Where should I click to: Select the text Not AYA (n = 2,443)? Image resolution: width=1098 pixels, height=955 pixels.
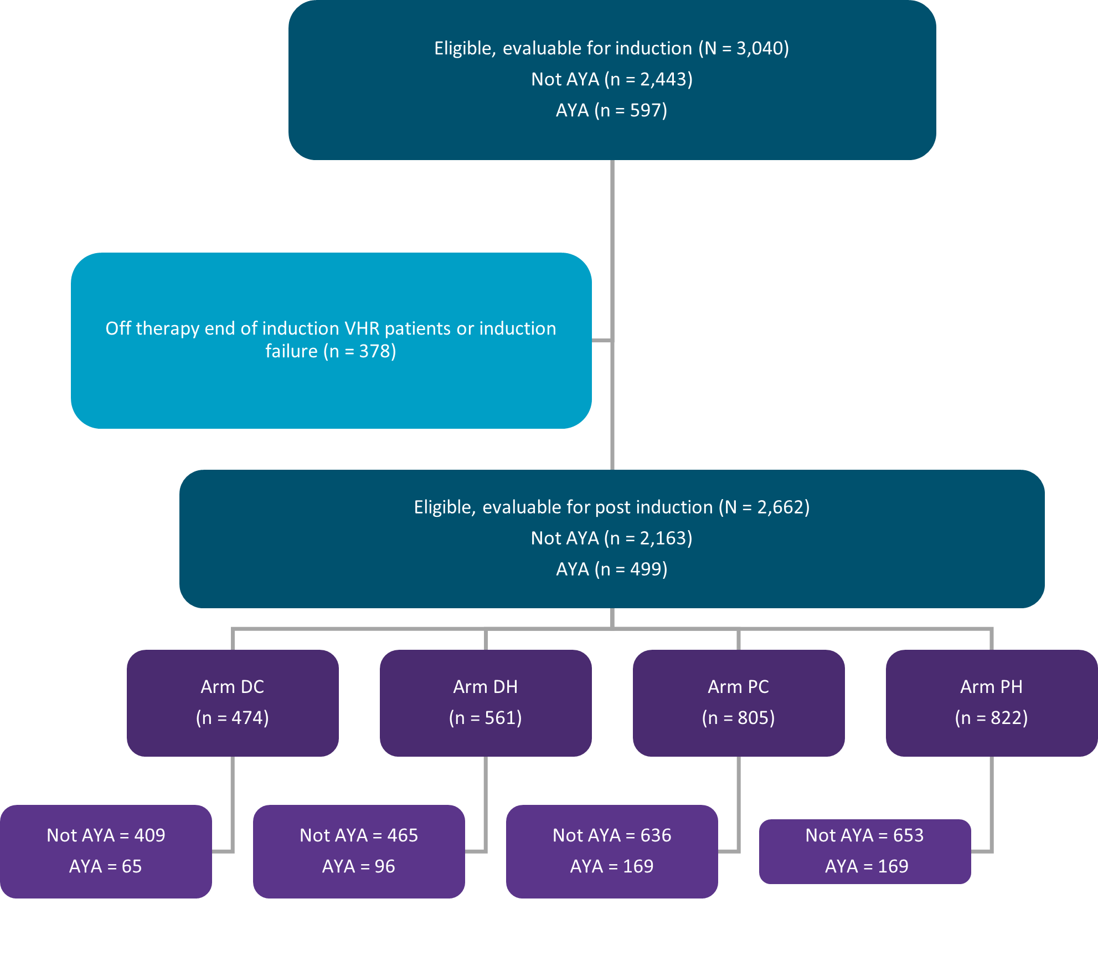(x=612, y=80)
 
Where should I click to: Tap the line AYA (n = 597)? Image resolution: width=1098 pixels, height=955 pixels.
(x=612, y=111)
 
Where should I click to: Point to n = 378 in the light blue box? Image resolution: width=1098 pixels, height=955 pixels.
(x=360, y=352)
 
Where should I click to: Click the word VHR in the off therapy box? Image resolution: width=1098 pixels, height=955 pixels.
(x=362, y=328)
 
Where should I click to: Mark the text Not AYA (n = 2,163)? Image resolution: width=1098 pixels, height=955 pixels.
(x=612, y=538)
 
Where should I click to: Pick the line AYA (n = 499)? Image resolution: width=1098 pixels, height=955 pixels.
(x=612, y=569)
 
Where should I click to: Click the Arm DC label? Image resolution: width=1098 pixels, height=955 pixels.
(x=233, y=687)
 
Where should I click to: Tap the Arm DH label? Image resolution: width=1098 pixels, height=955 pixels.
(x=486, y=687)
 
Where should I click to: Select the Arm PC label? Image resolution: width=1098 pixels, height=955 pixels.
(x=739, y=687)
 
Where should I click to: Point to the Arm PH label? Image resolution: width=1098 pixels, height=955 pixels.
(x=992, y=687)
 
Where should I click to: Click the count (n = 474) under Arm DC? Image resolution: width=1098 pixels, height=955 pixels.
(x=233, y=718)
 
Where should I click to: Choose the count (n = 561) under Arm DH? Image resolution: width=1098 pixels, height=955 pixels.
(x=486, y=718)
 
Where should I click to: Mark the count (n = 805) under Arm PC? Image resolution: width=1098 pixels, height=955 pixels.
(x=739, y=718)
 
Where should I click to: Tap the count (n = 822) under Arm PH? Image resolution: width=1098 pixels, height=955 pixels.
(x=992, y=718)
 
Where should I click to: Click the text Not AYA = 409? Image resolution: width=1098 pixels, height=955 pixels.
(x=106, y=835)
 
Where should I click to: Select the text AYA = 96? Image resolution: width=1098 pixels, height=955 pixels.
(x=359, y=866)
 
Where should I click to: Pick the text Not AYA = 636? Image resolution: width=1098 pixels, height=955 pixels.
(x=612, y=835)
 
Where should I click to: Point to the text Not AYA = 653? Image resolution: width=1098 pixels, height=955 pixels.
(x=865, y=835)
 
